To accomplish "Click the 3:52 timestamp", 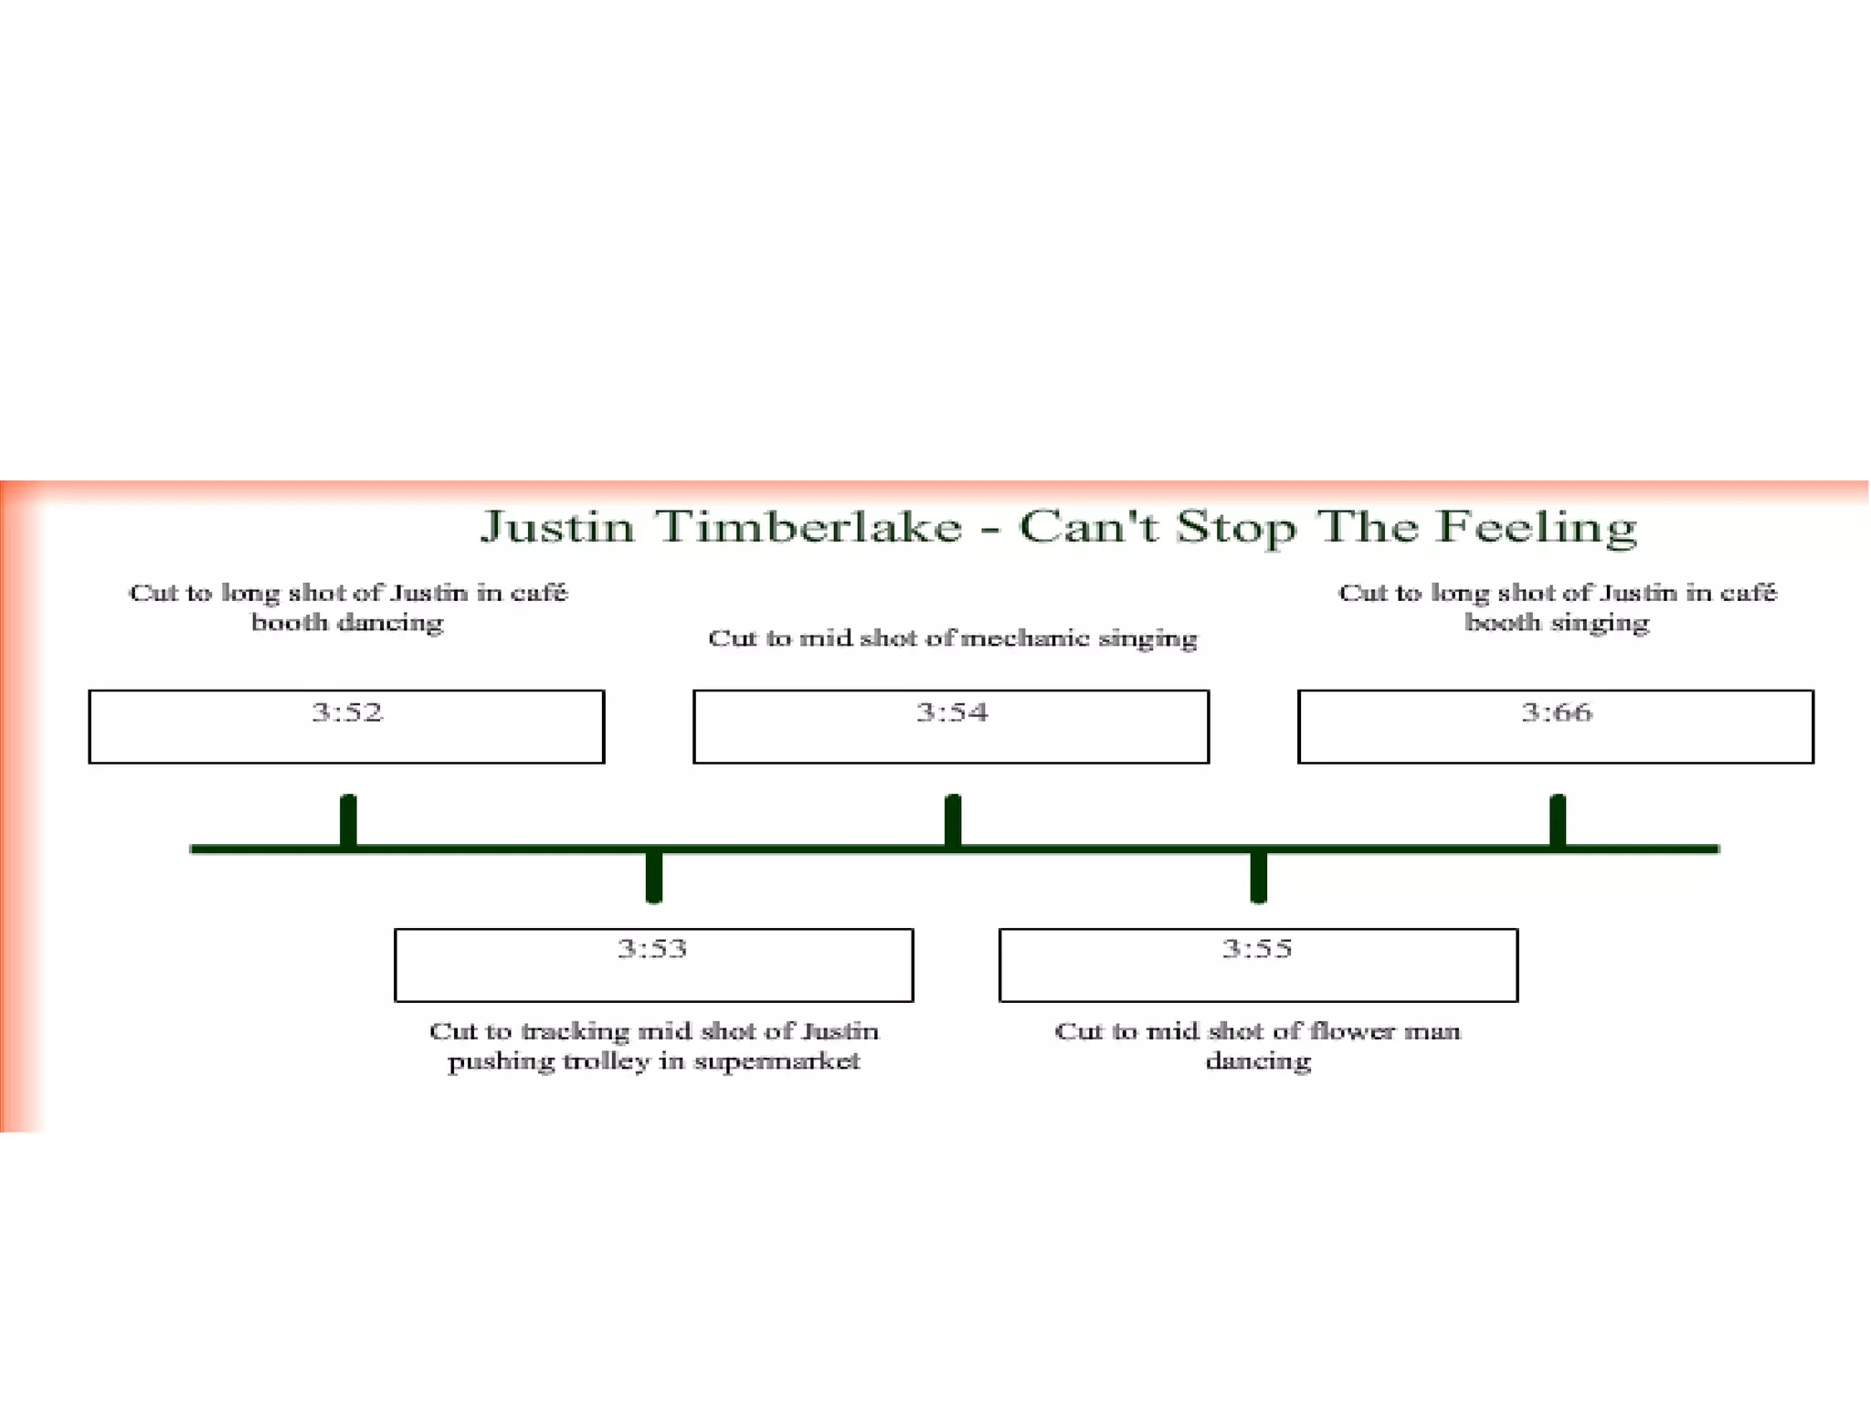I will click(347, 712).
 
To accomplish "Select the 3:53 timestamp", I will click(652, 948).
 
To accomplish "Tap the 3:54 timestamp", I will click(952, 712).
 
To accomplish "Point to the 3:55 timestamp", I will click(1257, 948).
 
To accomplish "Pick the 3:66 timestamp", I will click(1557, 712).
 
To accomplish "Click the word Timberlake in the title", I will click(809, 527).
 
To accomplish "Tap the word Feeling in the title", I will click(1537, 527).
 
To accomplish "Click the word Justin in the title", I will click(557, 527).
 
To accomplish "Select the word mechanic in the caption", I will click(1025, 638).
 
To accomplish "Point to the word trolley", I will click(606, 1061).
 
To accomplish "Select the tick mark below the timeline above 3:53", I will click(653, 877).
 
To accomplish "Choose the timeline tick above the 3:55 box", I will click(1258, 877).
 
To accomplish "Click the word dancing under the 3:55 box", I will click(1258, 1061).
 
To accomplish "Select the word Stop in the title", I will click(1235, 527).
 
